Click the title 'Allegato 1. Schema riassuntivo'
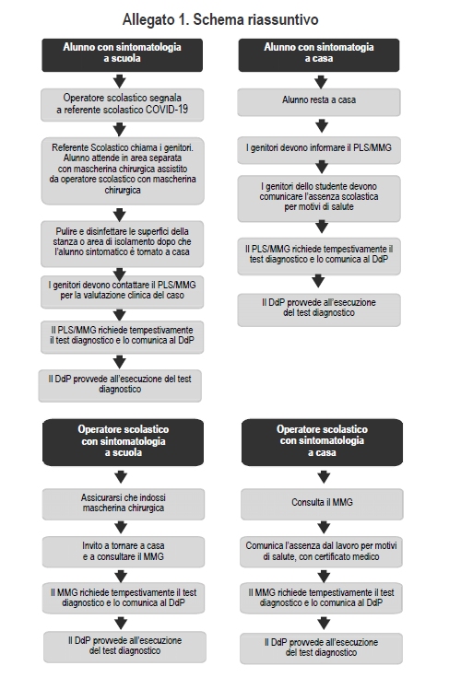click(x=220, y=19)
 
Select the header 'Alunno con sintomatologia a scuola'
click(x=123, y=55)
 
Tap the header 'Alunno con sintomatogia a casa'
click(x=319, y=55)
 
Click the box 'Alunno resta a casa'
click(x=319, y=102)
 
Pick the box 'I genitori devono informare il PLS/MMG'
click(x=319, y=150)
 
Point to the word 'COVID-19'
click(x=167, y=110)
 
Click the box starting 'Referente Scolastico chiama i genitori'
click(x=123, y=171)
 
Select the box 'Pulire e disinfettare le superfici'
click(x=123, y=244)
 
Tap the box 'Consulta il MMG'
click(x=322, y=504)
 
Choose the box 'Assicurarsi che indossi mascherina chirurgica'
click(x=124, y=504)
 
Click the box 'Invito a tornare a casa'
click(x=124, y=552)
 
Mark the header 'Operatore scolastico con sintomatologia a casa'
click(x=322, y=442)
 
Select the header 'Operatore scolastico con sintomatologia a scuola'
click(x=124, y=442)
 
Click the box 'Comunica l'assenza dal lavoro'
click(x=321, y=552)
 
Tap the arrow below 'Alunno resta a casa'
click(x=322, y=126)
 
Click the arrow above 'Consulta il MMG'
click(x=324, y=477)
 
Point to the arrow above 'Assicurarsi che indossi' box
click(x=121, y=477)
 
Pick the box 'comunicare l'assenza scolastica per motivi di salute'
click(x=319, y=199)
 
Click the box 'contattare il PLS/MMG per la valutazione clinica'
click(x=123, y=292)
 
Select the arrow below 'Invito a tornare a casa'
click(x=121, y=576)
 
